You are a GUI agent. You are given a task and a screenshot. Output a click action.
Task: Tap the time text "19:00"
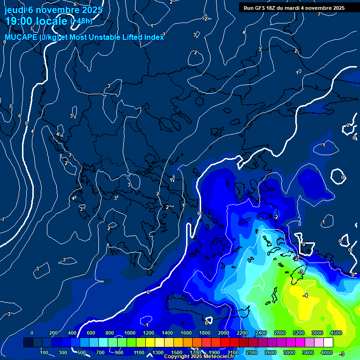20,21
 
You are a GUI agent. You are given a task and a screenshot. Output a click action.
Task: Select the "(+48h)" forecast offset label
82,21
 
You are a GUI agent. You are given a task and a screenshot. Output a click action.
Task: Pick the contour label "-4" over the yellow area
305,296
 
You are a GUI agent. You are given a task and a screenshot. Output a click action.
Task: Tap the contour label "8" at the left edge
5,42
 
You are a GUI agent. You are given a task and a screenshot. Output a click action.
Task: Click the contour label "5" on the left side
26,124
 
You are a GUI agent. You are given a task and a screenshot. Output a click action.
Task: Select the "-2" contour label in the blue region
276,217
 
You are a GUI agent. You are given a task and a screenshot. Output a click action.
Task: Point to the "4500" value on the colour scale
336,333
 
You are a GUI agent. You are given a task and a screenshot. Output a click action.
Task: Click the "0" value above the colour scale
32,333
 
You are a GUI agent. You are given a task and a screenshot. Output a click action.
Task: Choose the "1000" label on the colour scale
130,333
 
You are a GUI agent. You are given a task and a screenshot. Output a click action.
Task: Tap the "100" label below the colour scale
45,352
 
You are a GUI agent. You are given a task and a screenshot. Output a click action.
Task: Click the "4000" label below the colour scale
327,352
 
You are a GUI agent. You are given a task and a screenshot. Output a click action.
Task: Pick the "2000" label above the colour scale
224,333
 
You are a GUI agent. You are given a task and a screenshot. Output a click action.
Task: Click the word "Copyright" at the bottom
177,357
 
